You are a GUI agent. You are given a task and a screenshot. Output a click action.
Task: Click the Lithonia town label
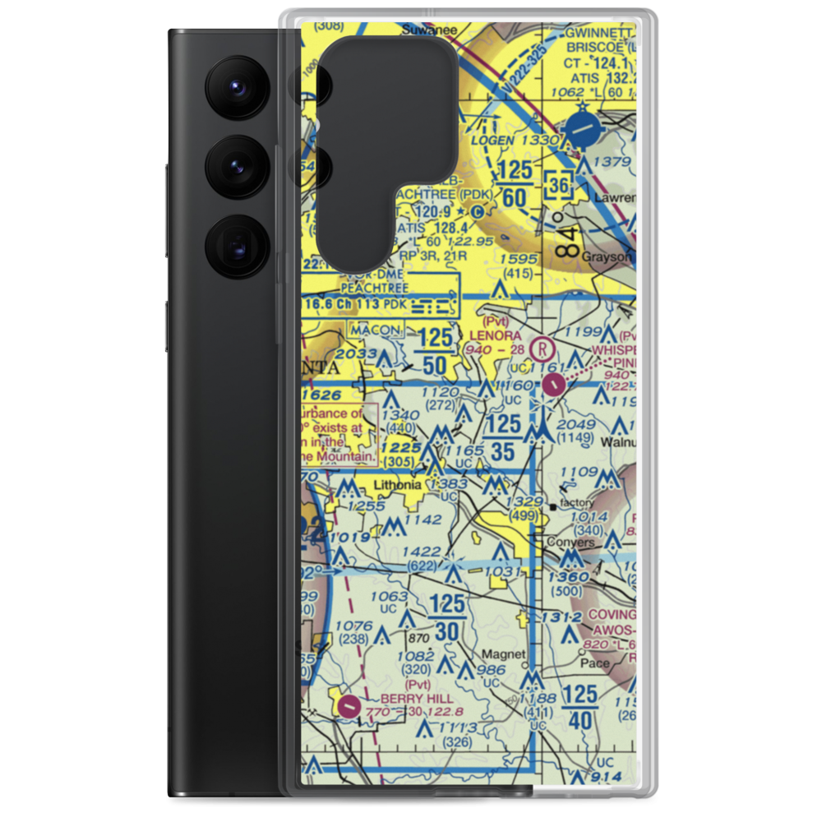click(398, 486)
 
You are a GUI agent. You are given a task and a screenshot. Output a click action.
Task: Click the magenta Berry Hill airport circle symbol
click(349, 705)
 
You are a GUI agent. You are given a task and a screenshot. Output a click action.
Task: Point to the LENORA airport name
click(495, 336)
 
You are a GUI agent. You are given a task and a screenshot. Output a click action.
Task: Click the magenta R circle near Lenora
click(542, 348)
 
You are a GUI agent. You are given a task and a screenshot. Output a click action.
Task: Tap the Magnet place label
click(503, 654)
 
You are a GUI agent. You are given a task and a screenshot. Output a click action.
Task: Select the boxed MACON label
click(374, 330)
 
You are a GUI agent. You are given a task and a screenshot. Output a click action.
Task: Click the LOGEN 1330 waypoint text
click(526, 141)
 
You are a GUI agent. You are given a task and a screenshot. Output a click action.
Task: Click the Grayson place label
click(608, 256)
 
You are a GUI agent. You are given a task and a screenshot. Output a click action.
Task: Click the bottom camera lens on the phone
click(233, 246)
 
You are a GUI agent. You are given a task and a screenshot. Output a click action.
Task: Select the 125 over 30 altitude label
click(447, 619)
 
